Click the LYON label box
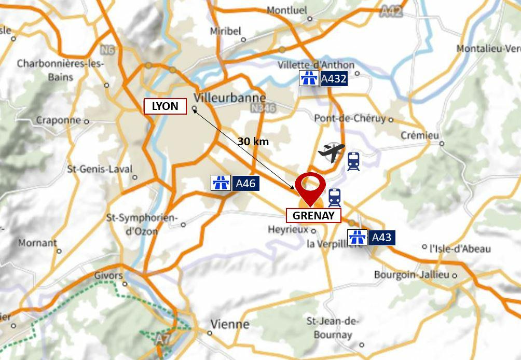164,107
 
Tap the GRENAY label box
313,215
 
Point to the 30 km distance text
253,141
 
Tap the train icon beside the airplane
353,161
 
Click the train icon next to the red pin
335,197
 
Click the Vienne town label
229,325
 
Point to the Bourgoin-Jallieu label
412,274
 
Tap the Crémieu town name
420,135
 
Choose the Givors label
108,275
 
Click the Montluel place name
286,10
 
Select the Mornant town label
37,243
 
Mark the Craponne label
58,120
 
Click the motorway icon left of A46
221,183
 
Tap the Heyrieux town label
287,229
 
